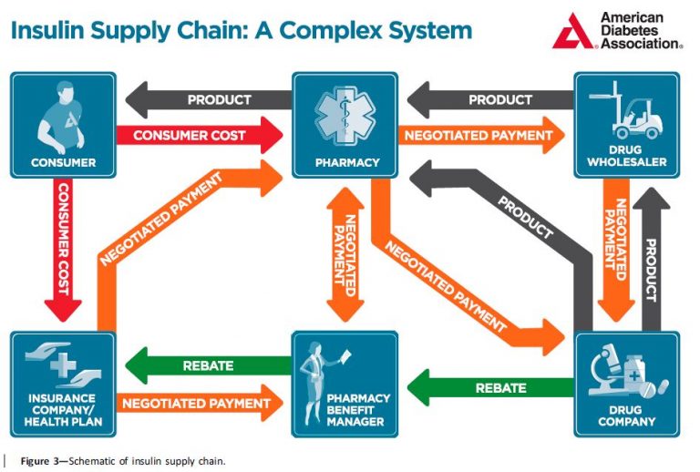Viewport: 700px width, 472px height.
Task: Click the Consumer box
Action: [x=63, y=125]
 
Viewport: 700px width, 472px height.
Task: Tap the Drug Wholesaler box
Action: [x=626, y=125]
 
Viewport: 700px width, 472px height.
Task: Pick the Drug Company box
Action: [x=626, y=383]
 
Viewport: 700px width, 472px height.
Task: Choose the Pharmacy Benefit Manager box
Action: [x=345, y=383]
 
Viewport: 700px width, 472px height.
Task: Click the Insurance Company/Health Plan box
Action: [x=63, y=383]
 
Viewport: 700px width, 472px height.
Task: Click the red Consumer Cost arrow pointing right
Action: [x=197, y=136]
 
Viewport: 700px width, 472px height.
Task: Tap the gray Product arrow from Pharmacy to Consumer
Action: [x=210, y=98]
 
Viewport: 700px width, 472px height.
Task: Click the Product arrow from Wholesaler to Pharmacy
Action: [x=492, y=98]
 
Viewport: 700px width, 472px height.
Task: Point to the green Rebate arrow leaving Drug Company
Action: [x=492, y=389]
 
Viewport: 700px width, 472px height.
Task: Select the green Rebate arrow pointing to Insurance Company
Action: [x=210, y=365]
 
